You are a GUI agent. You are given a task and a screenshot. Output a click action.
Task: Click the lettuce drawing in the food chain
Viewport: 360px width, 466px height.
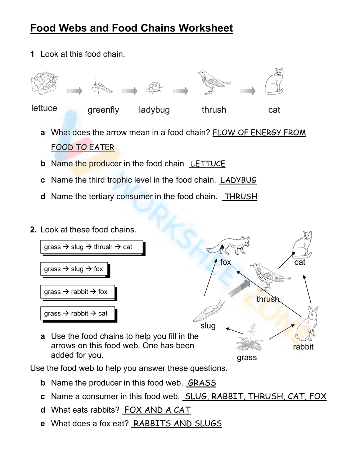coord(44,83)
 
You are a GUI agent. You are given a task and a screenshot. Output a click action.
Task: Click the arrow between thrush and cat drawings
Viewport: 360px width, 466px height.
coord(248,91)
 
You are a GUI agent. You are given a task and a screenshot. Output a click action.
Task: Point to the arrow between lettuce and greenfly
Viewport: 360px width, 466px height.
coord(75,91)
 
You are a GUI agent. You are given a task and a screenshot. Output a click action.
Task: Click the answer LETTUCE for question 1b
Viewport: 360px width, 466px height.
coord(208,164)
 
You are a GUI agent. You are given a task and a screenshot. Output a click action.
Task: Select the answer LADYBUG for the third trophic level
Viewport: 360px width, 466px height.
coord(238,180)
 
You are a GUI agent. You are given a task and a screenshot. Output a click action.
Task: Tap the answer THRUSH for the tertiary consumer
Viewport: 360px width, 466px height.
coord(240,197)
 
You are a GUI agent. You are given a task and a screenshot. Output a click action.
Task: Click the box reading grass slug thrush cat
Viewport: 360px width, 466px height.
coord(92,247)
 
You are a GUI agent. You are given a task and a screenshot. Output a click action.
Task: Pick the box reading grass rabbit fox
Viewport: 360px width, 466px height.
coord(78,292)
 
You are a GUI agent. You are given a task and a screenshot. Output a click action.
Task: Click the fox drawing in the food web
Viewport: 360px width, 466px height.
coord(229,246)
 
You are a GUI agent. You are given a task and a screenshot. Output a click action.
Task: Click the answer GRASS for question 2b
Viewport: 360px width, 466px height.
coord(202,383)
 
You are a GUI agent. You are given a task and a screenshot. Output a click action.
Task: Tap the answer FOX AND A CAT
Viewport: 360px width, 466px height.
coord(157,410)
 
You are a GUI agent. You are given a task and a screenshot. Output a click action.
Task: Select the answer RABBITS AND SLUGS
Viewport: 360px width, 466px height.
coord(177,424)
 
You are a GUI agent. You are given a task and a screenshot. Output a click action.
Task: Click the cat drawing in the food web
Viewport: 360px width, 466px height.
coord(302,245)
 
